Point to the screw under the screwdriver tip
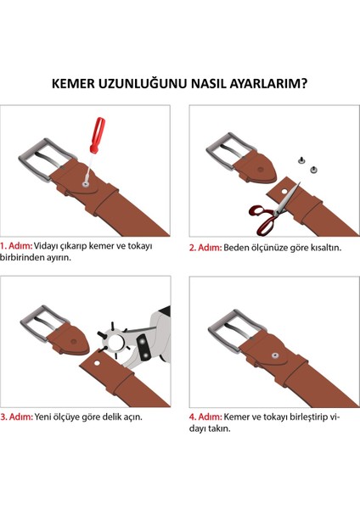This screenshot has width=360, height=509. pyautogui.click(x=87, y=181)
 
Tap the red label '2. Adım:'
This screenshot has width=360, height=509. pyautogui.click(x=205, y=248)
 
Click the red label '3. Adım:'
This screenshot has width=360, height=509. pyautogui.click(x=17, y=417)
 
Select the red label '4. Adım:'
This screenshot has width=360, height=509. pyautogui.click(x=205, y=417)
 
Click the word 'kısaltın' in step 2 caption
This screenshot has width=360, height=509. pyautogui.click(x=323, y=248)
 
